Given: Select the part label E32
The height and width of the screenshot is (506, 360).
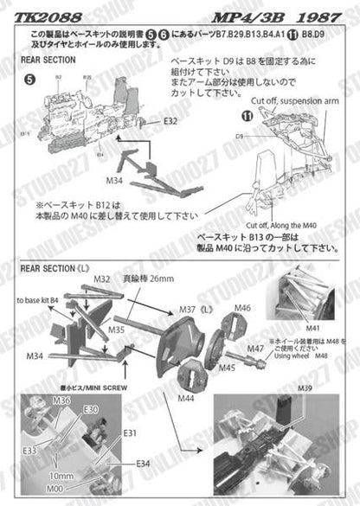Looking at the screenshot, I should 170,120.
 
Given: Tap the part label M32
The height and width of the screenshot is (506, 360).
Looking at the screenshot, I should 102,279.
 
